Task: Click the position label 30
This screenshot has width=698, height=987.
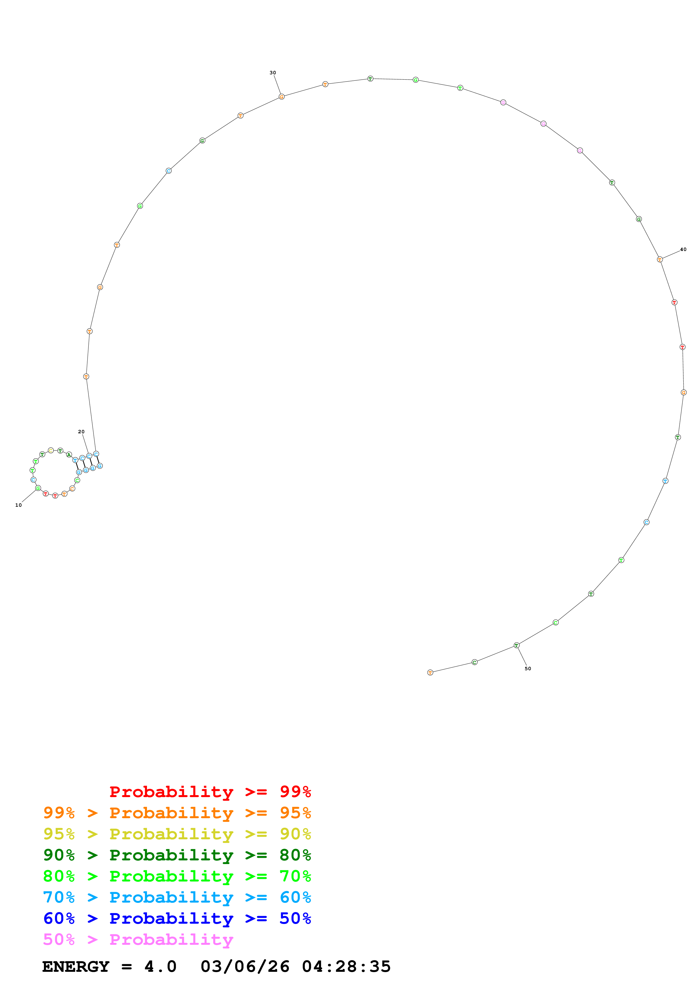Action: [273, 73]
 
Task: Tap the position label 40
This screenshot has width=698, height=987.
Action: [683, 249]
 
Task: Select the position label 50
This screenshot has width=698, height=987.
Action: [528, 669]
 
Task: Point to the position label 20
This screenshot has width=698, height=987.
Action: [81, 432]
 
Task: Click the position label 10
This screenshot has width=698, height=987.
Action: [19, 505]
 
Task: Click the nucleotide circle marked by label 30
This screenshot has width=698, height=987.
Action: [282, 97]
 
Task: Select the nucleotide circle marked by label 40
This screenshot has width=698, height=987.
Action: [660, 260]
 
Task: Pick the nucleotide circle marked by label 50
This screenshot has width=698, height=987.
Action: [516, 645]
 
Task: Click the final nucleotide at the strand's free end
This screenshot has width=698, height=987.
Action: [430, 673]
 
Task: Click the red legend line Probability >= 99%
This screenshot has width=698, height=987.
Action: [210, 792]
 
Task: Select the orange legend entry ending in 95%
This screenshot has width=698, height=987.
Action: [177, 813]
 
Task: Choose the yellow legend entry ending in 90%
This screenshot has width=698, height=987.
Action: [177, 834]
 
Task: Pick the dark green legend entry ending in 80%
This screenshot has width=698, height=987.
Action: [177, 855]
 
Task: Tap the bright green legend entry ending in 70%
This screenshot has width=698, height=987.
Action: [177, 876]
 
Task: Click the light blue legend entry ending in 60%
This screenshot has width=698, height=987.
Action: [177, 897]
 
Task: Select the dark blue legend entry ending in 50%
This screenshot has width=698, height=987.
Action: [177, 918]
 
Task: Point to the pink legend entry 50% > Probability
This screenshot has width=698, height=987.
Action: [138, 939]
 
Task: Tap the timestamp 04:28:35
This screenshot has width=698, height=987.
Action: [346, 967]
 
